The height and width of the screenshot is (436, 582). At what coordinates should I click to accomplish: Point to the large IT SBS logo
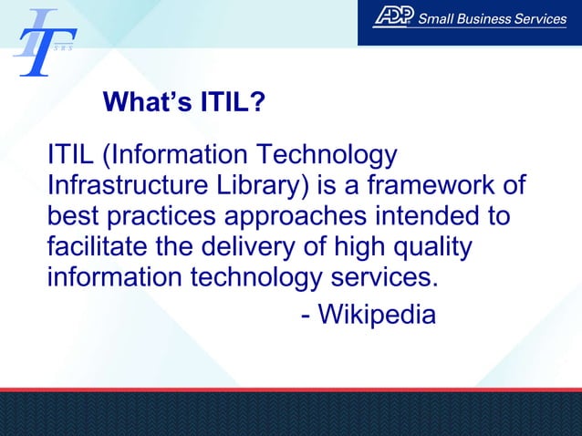click(43, 43)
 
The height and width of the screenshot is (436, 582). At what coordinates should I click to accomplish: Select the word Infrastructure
click(123, 188)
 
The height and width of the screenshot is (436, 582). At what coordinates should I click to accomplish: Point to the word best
click(71, 219)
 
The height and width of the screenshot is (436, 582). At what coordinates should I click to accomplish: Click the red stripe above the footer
click(291, 389)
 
